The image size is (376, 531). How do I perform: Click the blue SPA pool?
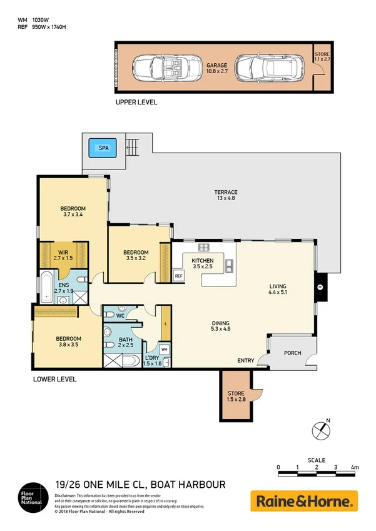(101, 149)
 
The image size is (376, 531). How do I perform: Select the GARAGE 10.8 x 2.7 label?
(216, 68)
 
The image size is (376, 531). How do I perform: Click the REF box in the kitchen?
(178, 276)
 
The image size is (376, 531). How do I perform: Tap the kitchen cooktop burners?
(203, 247)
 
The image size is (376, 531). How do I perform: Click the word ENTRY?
(246, 361)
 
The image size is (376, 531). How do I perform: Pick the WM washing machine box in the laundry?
(164, 348)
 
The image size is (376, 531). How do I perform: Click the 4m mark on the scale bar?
(355, 467)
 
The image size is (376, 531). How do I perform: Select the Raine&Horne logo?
(304, 501)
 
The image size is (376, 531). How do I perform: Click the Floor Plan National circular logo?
(31, 498)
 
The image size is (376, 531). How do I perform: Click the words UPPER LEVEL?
(136, 102)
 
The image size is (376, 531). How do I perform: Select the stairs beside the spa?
(131, 148)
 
